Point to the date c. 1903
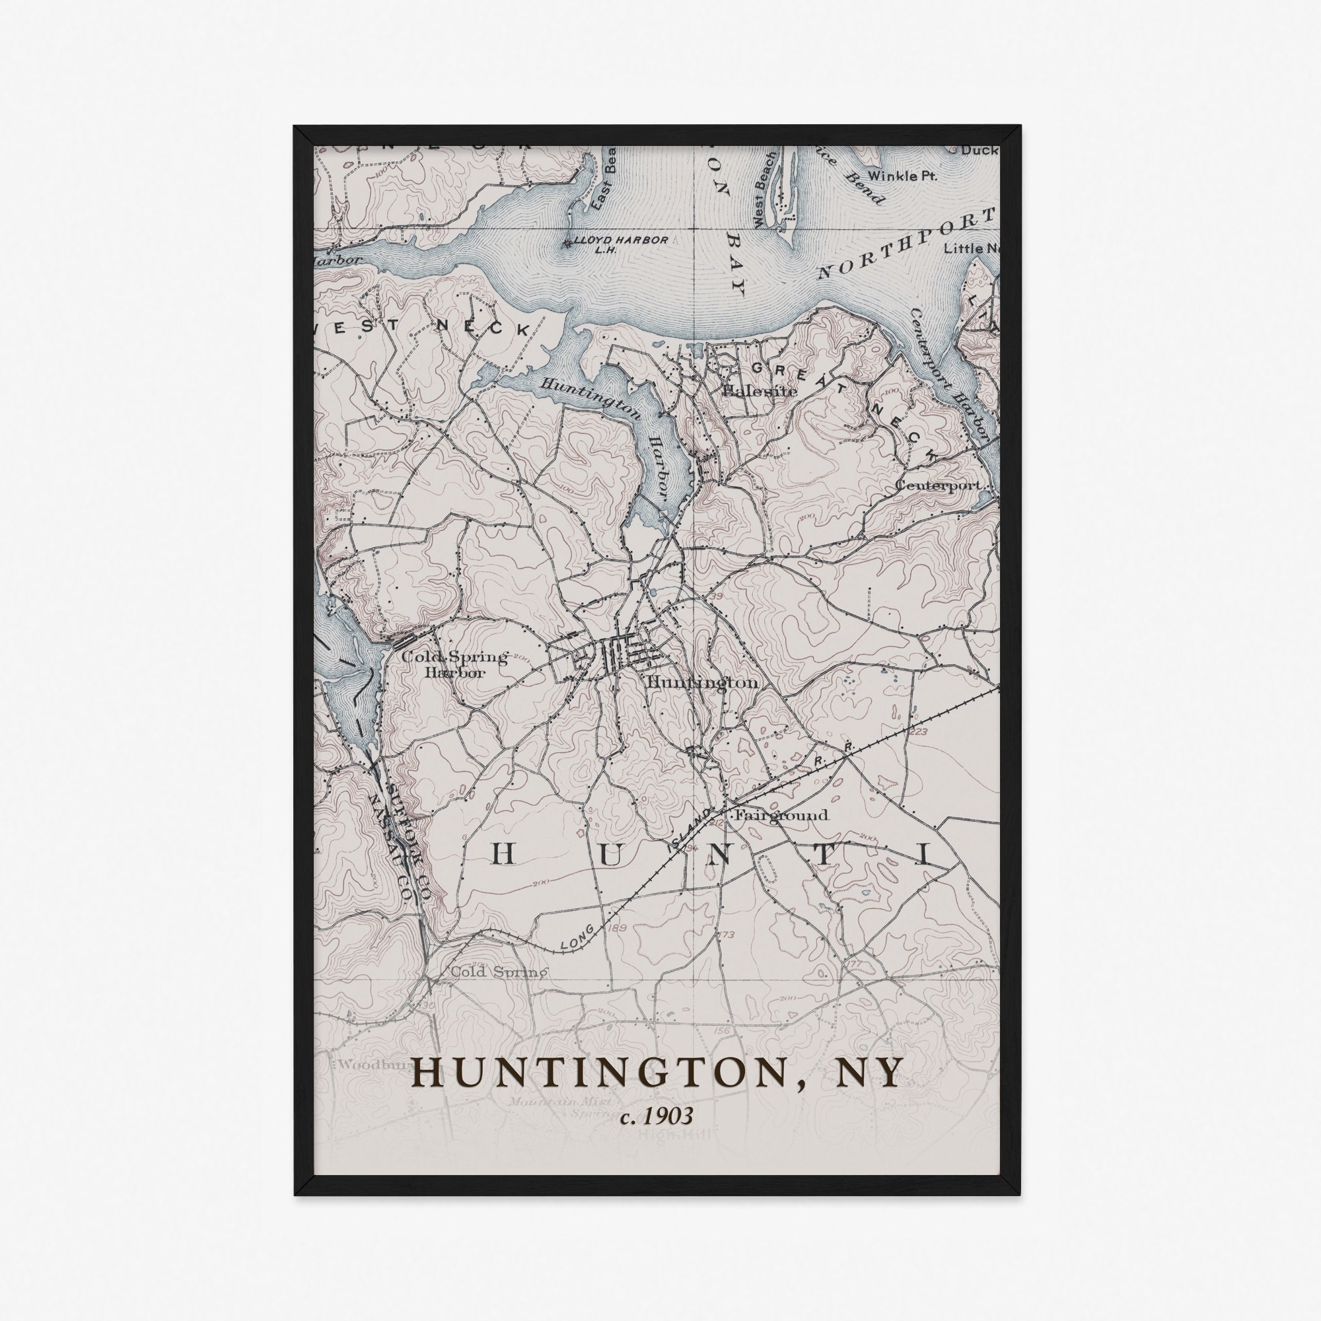point(657,1116)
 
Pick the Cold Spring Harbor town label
point(454,664)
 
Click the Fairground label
point(781,815)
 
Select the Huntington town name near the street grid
point(701,683)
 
